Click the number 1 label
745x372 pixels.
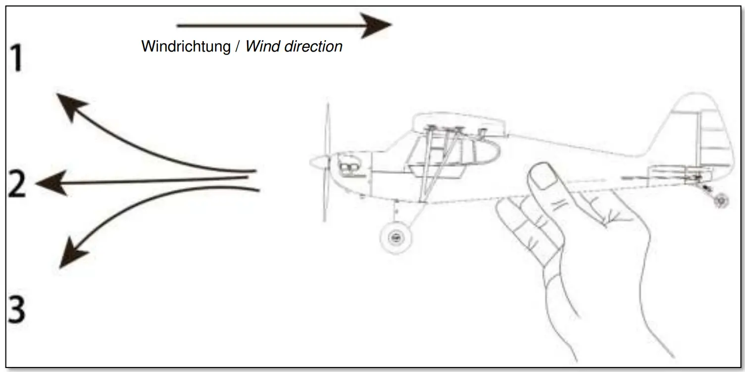coord(17,58)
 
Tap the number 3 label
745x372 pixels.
coord(17,311)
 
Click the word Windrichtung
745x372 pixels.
coord(186,47)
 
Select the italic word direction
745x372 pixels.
coord(312,47)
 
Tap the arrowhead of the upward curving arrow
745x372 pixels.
coord(69,105)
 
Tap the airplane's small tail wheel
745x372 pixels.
coord(720,201)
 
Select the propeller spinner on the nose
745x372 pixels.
coord(319,161)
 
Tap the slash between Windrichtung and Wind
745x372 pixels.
coord(237,47)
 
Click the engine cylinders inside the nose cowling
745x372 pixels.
coord(349,168)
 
